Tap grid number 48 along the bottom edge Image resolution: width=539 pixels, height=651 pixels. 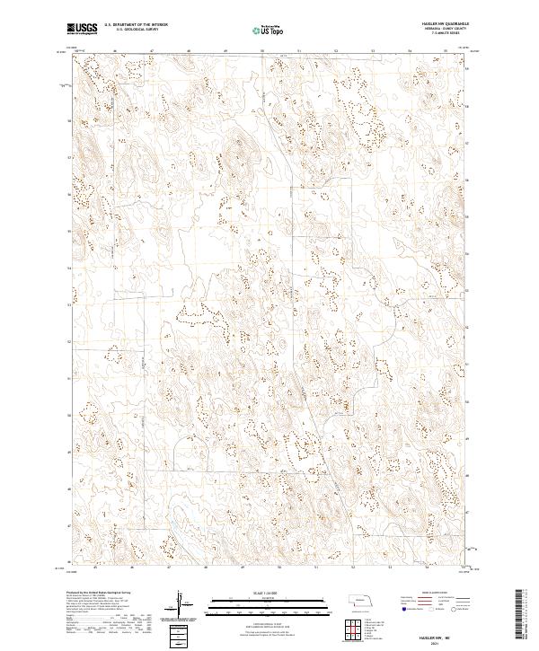pos(206,567)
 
